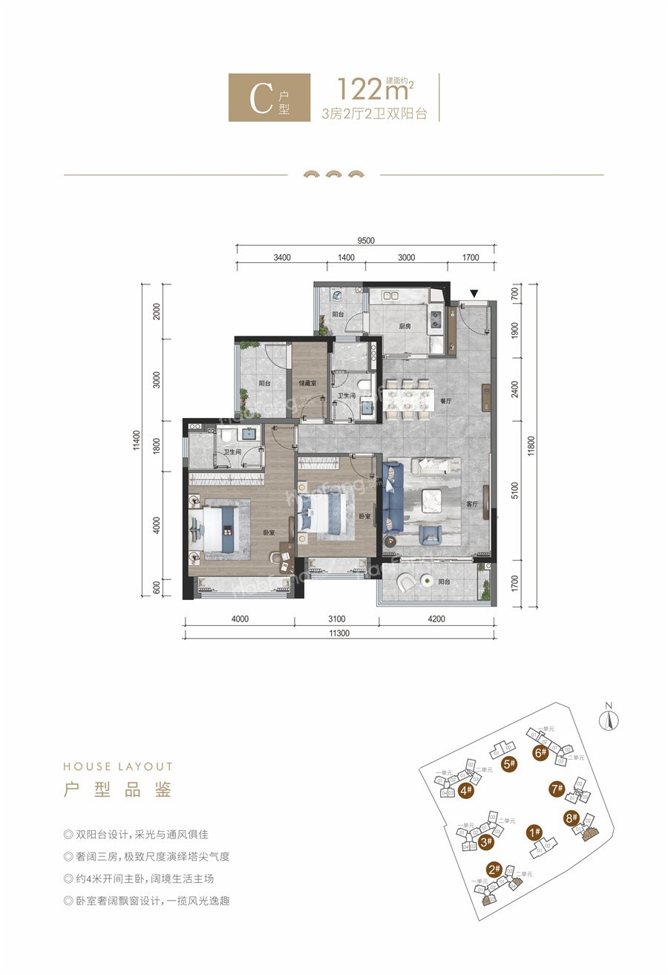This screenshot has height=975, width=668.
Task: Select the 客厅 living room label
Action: [472, 504]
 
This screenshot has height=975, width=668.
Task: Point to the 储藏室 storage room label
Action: [309, 384]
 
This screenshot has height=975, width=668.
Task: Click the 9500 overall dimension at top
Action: [365, 240]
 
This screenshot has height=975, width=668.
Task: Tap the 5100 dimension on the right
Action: [515, 491]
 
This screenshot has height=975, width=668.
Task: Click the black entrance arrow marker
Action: [474, 294]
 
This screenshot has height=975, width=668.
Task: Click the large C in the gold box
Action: [261, 98]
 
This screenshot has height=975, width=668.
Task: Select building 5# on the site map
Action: [509, 763]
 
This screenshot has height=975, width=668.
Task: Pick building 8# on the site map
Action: [571, 819]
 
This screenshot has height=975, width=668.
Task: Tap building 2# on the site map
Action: [494, 870]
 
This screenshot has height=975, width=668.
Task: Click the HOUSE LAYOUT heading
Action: [118, 766]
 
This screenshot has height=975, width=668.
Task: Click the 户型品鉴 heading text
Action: [118, 790]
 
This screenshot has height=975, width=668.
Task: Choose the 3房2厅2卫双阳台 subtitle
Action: [374, 114]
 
